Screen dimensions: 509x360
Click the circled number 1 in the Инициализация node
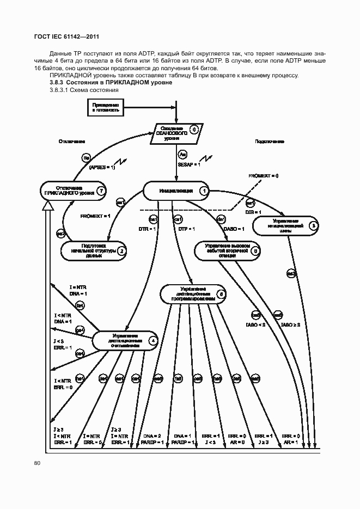click(x=204, y=191)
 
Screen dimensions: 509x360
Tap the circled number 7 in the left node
click(x=100, y=191)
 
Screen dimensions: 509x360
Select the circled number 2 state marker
click(x=122, y=251)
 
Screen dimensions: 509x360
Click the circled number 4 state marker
click(x=153, y=341)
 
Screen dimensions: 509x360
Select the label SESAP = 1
click(x=189, y=164)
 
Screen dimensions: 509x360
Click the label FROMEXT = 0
click(x=263, y=176)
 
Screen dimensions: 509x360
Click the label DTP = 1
click(x=187, y=229)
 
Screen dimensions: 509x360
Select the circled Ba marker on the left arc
click(x=86, y=158)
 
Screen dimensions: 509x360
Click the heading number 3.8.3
click(x=57, y=82)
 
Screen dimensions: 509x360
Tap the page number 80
click(x=37, y=463)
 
